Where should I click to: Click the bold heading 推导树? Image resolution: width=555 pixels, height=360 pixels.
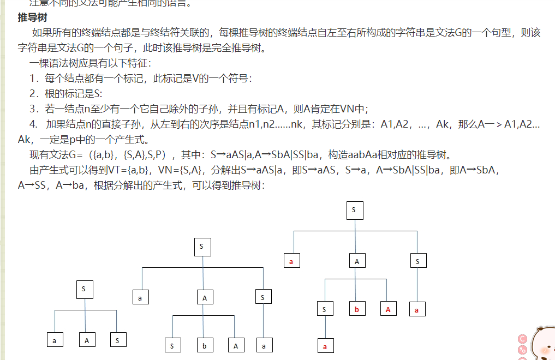pyautogui.click(x=28, y=17)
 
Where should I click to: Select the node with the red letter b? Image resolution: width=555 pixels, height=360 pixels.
pyautogui.click(x=357, y=309)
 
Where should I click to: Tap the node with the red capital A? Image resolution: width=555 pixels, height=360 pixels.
pyautogui.click(x=388, y=309)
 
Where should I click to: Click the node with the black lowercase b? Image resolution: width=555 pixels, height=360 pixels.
pyautogui.click(x=205, y=345)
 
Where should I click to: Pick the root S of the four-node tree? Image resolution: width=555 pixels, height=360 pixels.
pyautogui.click(x=84, y=290)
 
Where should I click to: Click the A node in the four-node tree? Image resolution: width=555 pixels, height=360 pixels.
pyautogui.click(x=86, y=340)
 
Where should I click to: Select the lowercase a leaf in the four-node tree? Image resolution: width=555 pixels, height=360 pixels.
pyautogui.click(x=54, y=340)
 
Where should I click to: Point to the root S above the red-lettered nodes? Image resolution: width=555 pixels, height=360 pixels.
pyautogui.click(x=354, y=210)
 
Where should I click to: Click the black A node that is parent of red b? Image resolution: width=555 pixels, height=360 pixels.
pyautogui.click(x=357, y=261)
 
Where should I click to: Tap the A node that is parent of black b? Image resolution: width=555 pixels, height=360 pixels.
pyautogui.click(x=205, y=298)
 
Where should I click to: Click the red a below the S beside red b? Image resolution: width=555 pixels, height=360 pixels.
pyautogui.click(x=325, y=346)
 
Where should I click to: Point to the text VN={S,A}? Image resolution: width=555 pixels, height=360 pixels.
pyautogui.click(x=180, y=170)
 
